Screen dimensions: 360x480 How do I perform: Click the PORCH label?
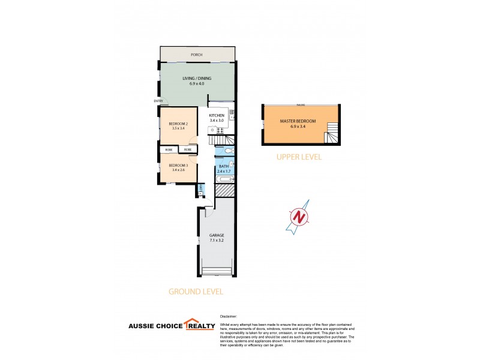(196, 55)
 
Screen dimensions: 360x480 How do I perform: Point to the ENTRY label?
(158, 101)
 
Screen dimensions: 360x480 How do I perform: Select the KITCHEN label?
(217, 115)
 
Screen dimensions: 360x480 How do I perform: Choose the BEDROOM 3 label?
(178, 166)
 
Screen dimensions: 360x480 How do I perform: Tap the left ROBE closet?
(169, 149)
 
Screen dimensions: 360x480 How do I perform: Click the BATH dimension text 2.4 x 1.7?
(223, 171)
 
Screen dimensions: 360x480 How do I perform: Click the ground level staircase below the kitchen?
(220, 140)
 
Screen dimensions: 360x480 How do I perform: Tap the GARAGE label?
(216, 235)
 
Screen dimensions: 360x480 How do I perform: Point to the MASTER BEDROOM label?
(298, 121)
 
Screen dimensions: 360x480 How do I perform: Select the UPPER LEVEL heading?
(299, 157)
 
